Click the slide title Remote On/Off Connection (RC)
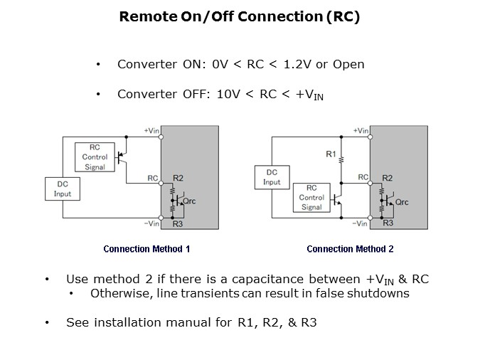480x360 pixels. click(239, 16)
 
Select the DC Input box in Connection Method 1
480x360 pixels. click(63, 189)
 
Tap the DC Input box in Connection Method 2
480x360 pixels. click(272, 177)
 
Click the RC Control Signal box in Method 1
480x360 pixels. click(95, 157)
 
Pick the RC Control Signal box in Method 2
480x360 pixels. click(311, 198)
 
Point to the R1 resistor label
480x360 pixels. click(331, 154)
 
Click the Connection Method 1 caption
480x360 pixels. click(146, 249)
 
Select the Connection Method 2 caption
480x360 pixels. click(350, 249)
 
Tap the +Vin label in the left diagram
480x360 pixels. click(151, 131)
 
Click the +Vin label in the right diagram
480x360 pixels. click(361, 131)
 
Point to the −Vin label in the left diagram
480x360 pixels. click(151, 223)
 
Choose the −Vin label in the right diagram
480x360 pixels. click(361, 223)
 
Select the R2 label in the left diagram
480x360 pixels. click(178, 178)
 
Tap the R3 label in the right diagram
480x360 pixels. click(388, 223)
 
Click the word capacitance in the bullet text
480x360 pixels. click(223, 279)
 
